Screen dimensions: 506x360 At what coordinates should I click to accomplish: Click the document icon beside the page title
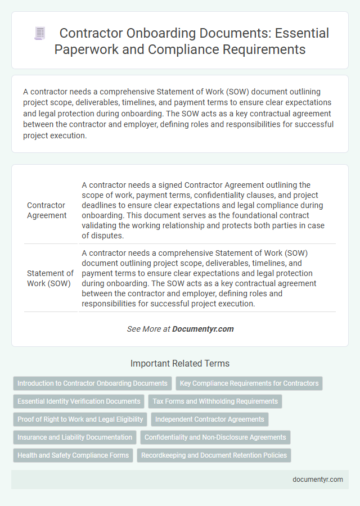pyautogui.click(x=39, y=33)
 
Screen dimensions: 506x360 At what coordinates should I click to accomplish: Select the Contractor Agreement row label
pyautogui.click(x=47, y=210)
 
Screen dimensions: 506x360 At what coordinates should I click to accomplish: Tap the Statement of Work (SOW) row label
pyautogui.click(x=50, y=278)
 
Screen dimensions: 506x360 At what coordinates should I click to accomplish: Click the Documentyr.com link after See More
pyautogui.click(x=203, y=329)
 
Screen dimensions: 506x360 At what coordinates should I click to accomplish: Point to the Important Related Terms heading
pyautogui.click(x=179, y=363)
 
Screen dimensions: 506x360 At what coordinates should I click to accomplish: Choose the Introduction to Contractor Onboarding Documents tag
pyautogui.click(x=92, y=383)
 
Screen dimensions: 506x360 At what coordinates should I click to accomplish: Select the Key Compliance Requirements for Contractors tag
pyautogui.click(x=249, y=383)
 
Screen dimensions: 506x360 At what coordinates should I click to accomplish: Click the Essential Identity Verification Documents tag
pyautogui.click(x=79, y=401)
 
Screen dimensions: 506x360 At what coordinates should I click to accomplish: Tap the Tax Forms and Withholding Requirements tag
pyautogui.click(x=215, y=401)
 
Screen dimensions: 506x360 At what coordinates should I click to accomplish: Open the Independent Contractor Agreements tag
pyautogui.click(x=209, y=419)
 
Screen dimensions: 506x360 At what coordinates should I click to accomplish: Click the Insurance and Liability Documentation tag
pyautogui.click(x=75, y=437)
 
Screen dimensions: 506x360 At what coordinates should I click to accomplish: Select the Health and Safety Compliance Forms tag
pyautogui.click(x=73, y=455)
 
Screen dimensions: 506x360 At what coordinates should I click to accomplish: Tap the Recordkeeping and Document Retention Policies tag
pyautogui.click(x=214, y=455)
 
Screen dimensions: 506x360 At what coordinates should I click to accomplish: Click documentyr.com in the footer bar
pyautogui.click(x=318, y=480)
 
